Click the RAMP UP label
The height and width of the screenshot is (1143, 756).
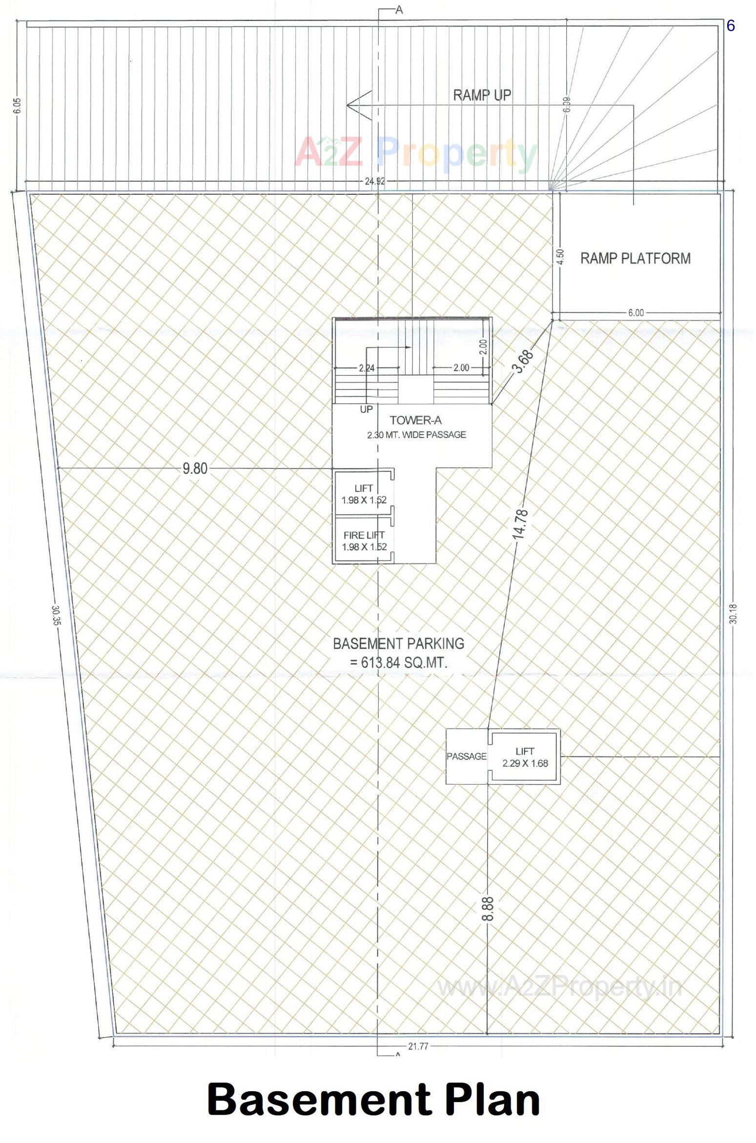pos(482,95)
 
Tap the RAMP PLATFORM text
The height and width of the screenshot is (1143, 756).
pos(635,258)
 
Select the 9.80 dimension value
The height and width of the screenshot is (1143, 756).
pos(195,469)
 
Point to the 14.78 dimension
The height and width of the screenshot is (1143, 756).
pos(520,524)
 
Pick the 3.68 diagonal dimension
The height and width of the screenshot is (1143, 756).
pos(524,361)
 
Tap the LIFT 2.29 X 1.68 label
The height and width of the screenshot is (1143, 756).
pos(525,757)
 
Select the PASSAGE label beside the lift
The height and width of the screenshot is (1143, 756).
pos(467,756)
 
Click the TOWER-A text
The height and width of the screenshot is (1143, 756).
pos(415,420)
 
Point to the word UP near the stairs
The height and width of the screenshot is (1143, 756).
pos(366,409)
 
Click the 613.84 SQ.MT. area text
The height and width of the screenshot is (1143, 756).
pos(399,663)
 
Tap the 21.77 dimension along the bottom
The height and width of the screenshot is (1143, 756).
pos(418,1046)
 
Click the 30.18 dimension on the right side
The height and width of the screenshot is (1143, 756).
pos(734,614)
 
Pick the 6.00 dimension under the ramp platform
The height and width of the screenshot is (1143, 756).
pos(635,313)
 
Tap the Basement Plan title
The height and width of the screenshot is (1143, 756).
pos(374,1100)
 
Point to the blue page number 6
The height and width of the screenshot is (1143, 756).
pos(730,26)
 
